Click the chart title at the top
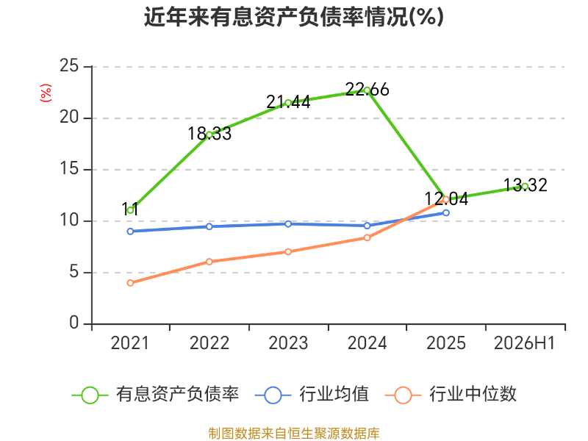293,17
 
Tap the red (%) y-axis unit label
46,93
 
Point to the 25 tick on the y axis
69,66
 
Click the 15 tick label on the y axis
69,169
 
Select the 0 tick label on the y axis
74,323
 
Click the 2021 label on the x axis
130,343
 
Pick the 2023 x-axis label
288,343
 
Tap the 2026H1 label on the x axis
524,343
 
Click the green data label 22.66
367,90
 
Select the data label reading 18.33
209,134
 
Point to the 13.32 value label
525,185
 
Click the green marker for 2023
288,103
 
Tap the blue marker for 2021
130,232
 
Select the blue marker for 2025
446,212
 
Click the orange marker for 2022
209,262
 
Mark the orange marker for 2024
367,237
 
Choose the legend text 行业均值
334,395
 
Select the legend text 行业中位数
473,395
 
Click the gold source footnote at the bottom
293,434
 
